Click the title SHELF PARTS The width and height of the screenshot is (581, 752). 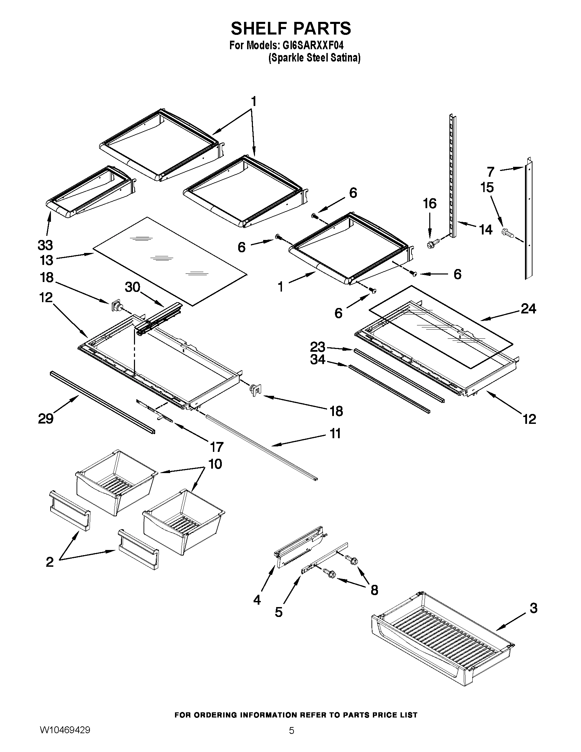290,28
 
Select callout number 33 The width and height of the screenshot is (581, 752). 45,245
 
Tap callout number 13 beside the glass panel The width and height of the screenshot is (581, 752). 46,260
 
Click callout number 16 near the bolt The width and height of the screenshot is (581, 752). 429,203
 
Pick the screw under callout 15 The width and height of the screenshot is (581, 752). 508,233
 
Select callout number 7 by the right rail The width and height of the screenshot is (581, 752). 490,172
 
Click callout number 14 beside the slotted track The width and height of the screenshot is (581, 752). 486,229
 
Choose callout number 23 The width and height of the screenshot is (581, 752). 318,346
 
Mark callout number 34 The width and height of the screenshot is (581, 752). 318,360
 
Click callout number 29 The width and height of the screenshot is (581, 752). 46,419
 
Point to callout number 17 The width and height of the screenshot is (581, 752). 216,447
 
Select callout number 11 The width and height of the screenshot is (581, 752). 335,433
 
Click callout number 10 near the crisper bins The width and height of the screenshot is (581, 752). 215,464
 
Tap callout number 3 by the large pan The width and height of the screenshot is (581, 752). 533,608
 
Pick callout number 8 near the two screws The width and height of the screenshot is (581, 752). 374,590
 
